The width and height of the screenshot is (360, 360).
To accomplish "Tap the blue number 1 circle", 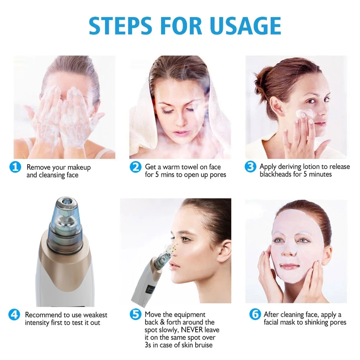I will pyautogui.click(x=15, y=168).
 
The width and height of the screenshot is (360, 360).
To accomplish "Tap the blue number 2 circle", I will pyautogui.click(x=136, y=167).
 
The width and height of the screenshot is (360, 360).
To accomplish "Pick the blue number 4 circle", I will pyautogui.click(x=14, y=315).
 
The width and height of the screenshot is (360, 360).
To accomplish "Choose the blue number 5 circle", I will pyautogui.click(x=135, y=315).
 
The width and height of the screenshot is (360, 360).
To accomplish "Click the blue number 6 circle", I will pyautogui.click(x=255, y=315).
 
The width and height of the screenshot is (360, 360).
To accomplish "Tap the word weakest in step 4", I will pyautogui.click(x=94, y=315).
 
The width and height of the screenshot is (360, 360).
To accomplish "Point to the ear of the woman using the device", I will pyautogui.click(x=224, y=251).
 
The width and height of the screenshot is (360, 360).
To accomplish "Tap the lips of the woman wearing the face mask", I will pyautogui.click(x=290, y=266).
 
